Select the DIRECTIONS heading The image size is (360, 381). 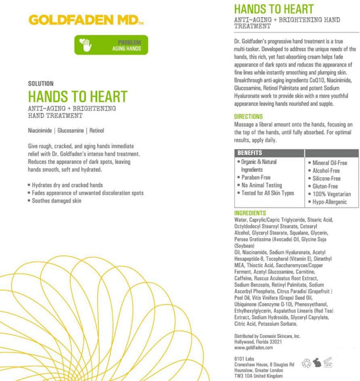[x=248, y=117]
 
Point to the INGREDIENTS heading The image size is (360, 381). [x=250, y=213]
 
